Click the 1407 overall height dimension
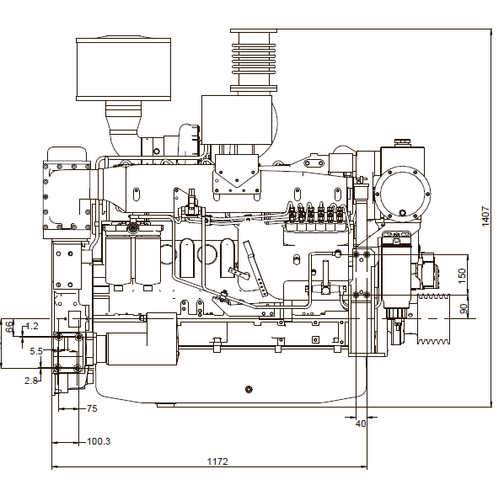[x=485, y=216]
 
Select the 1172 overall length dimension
[x=217, y=461]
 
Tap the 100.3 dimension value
[x=99, y=441]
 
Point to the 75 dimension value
[x=92, y=408]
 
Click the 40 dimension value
[x=361, y=424]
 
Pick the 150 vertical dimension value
[x=462, y=275]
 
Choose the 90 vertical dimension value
[x=464, y=309]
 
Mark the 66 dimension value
[x=9, y=327]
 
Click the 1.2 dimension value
[x=31, y=327]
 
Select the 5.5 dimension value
[x=36, y=351]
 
